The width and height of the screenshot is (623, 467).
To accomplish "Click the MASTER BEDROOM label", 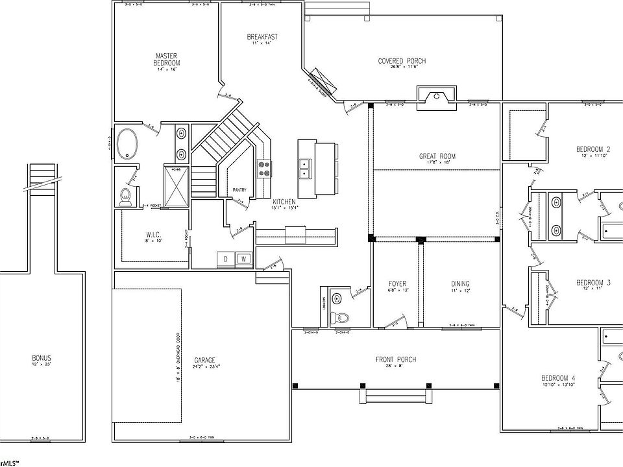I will pos(167,60).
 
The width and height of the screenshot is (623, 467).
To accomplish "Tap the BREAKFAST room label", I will pos(262,37).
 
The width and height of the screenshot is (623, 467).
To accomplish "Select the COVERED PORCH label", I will pos(402,61).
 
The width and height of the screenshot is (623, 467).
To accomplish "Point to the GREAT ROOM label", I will pos(437,156).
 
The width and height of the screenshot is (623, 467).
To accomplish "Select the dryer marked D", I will pos(226,259).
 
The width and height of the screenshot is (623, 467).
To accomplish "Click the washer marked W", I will pos(244,259).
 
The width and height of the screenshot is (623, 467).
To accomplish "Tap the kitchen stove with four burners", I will pos(264,169).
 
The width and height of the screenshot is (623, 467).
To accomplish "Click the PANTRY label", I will pos(239,190).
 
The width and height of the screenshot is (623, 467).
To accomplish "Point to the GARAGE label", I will pos(204,361).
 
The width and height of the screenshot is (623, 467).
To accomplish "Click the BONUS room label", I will pos(42,358).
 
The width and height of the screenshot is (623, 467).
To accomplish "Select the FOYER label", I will pos(397,284).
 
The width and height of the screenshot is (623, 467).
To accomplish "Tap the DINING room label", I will pos(460,284).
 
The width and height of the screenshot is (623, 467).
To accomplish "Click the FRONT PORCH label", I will pos(395,359).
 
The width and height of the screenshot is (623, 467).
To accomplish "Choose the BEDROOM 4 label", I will pos(558,378).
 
